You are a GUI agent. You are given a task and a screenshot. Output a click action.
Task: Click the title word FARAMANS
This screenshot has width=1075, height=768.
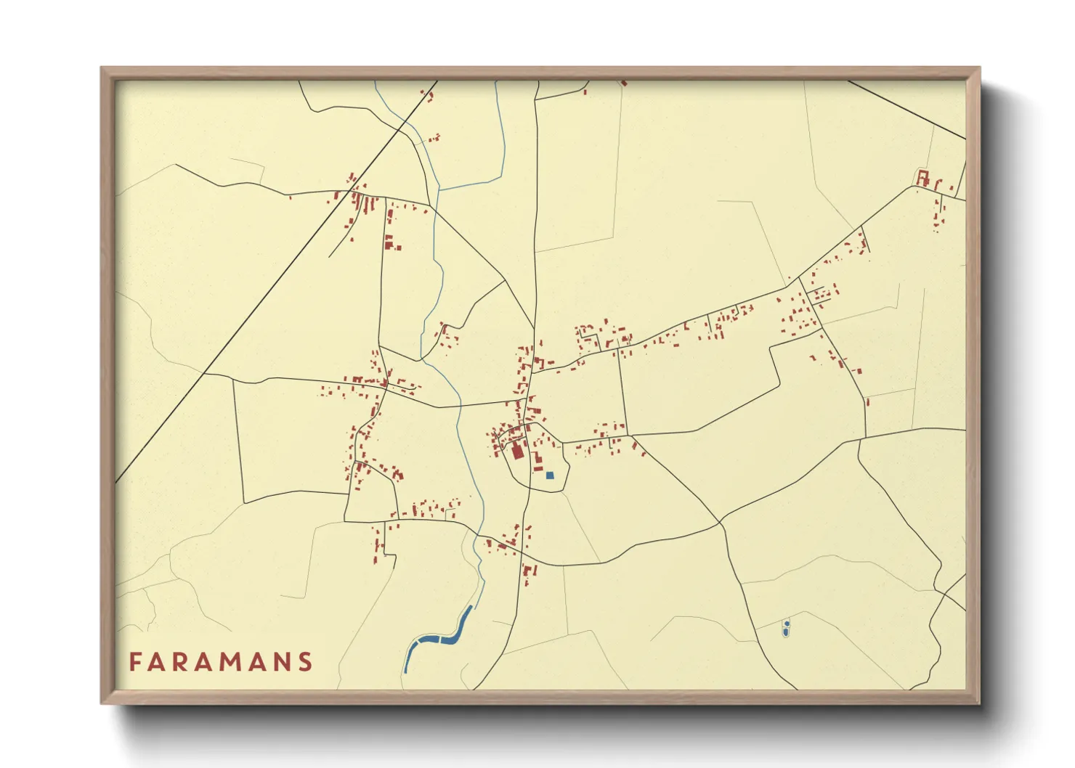coord(221,662)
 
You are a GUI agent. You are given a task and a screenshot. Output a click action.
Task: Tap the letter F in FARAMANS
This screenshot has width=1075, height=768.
coord(134,662)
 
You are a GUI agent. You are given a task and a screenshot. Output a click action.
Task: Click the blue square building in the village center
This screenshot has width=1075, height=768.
coord(550,475)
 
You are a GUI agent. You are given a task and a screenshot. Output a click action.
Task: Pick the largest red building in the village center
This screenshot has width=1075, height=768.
coord(517,451)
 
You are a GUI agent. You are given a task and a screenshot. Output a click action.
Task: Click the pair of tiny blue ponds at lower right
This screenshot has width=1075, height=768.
coord(786,628)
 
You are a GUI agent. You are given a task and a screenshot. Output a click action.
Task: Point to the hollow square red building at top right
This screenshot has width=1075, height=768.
coord(922,178)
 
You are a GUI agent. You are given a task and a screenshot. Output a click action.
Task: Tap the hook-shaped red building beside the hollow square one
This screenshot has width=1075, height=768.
coord(937,184)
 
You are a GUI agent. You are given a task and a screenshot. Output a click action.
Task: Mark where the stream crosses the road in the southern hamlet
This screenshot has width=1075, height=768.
coord(476,536)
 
